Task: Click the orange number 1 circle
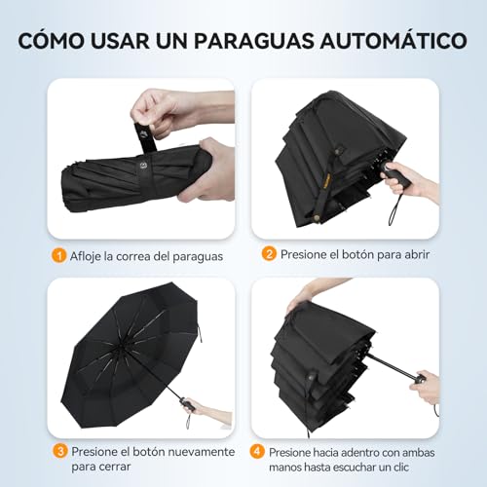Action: tap(59, 255)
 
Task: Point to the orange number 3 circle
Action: tap(59, 451)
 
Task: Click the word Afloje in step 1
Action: tap(89, 256)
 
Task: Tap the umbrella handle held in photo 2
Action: tap(394, 177)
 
